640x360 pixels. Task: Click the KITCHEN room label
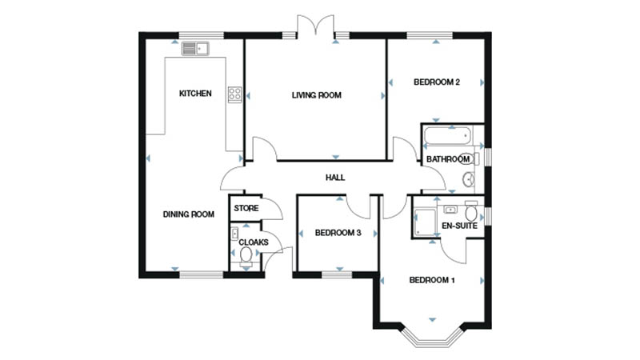coord(195,94)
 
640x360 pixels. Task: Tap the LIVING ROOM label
coord(316,95)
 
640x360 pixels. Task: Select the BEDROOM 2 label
coord(437,82)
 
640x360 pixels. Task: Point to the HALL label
coord(335,178)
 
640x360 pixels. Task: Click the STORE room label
coord(246,208)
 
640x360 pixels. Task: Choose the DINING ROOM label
coord(189,214)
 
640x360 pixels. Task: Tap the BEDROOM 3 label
coord(338,233)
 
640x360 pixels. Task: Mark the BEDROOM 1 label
coord(432,280)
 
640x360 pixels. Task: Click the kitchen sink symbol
coord(195,49)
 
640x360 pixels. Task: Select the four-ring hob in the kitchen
coord(234,94)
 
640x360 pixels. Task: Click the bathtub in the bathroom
coord(447,136)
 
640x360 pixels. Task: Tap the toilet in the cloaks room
coord(246,256)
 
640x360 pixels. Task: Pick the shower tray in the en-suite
coord(425,222)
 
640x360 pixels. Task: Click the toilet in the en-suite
coord(471,210)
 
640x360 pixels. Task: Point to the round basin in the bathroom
coord(469,178)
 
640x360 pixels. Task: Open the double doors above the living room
coord(315,26)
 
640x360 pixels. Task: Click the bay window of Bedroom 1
coord(432,337)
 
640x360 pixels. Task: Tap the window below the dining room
coord(202,274)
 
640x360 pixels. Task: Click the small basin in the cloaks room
coord(234,234)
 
